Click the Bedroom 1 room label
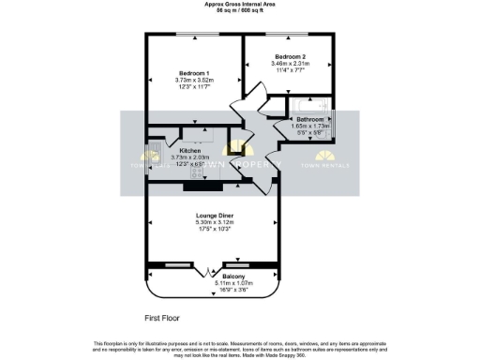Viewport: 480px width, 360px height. (194, 72)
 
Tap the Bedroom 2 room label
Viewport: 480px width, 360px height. (290, 56)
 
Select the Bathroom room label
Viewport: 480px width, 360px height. (310, 120)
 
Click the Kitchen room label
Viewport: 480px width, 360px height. (191, 150)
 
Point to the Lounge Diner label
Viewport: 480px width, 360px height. (215, 216)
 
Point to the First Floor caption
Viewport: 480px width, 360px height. (162, 319)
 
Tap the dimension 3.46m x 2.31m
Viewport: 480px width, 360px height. (290, 63)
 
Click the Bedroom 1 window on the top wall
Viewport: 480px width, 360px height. (194, 36)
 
